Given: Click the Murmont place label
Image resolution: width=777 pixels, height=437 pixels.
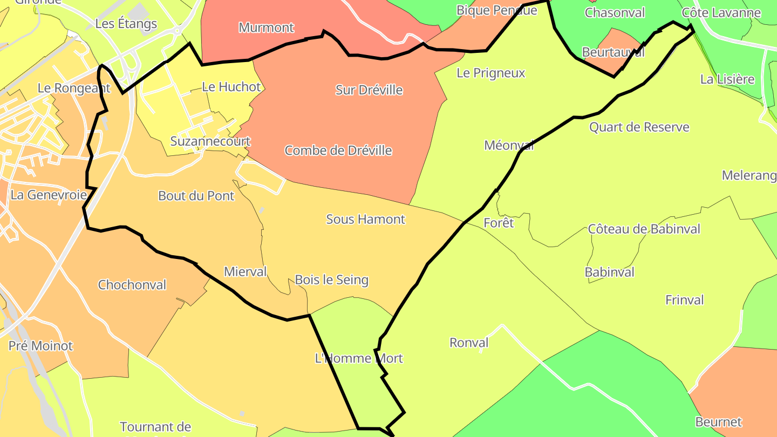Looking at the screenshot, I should pyautogui.click(x=266, y=28).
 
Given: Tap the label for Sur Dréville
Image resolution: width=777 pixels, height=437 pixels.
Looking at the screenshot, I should pyautogui.click(x=369, y=90).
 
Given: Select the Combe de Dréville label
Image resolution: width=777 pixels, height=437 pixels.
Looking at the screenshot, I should pyautogui.click(x=338, y=151).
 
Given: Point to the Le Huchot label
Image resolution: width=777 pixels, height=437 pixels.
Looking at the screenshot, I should pyautogui.click(x=231, y=86).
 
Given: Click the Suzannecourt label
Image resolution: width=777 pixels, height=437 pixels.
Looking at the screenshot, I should pyautogui.click(x=210, y=141).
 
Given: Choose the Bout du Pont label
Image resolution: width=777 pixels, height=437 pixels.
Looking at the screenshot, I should pyautogui.click(x=196, y=196).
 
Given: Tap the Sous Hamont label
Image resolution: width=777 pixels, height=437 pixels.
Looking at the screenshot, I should pyautogui.click(x=365, y=219).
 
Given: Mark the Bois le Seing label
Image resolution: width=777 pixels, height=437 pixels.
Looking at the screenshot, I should pyautogui.click(x=331, y=280).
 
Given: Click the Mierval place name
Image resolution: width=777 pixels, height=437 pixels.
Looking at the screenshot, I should pyautogui.click(x=245, y=271).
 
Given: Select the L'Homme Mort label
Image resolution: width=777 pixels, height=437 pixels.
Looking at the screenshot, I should pyautogui.click(x=359, y=358).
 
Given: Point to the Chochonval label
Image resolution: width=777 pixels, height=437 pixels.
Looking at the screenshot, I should pyautogui.click(x=132, y=285).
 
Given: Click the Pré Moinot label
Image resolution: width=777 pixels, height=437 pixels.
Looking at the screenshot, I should pyautogui.click(x=40, y=346).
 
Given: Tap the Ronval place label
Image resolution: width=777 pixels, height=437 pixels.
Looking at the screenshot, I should pyautogui.click(x=469, y=343).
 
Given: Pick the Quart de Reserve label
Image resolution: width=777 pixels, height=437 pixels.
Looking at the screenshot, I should pyautogui.click(x=639, y=127).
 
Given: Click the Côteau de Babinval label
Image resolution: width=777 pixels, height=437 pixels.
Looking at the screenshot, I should pyautogui.click(x=644, y=229).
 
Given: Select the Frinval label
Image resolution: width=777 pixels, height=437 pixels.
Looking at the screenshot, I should pyautogui.click(x=684, y=300).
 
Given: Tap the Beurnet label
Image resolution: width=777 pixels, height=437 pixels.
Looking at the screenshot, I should pyautogui.click(x=718, y=422).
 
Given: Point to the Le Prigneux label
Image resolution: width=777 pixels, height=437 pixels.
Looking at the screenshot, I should pyautogui.click(x=490, y=73).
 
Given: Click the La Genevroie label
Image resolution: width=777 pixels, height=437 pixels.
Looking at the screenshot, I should pyautogui.click(x=49, y=195).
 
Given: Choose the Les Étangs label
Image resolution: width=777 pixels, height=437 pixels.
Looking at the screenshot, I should pyautogui.click(x=126, y=24).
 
